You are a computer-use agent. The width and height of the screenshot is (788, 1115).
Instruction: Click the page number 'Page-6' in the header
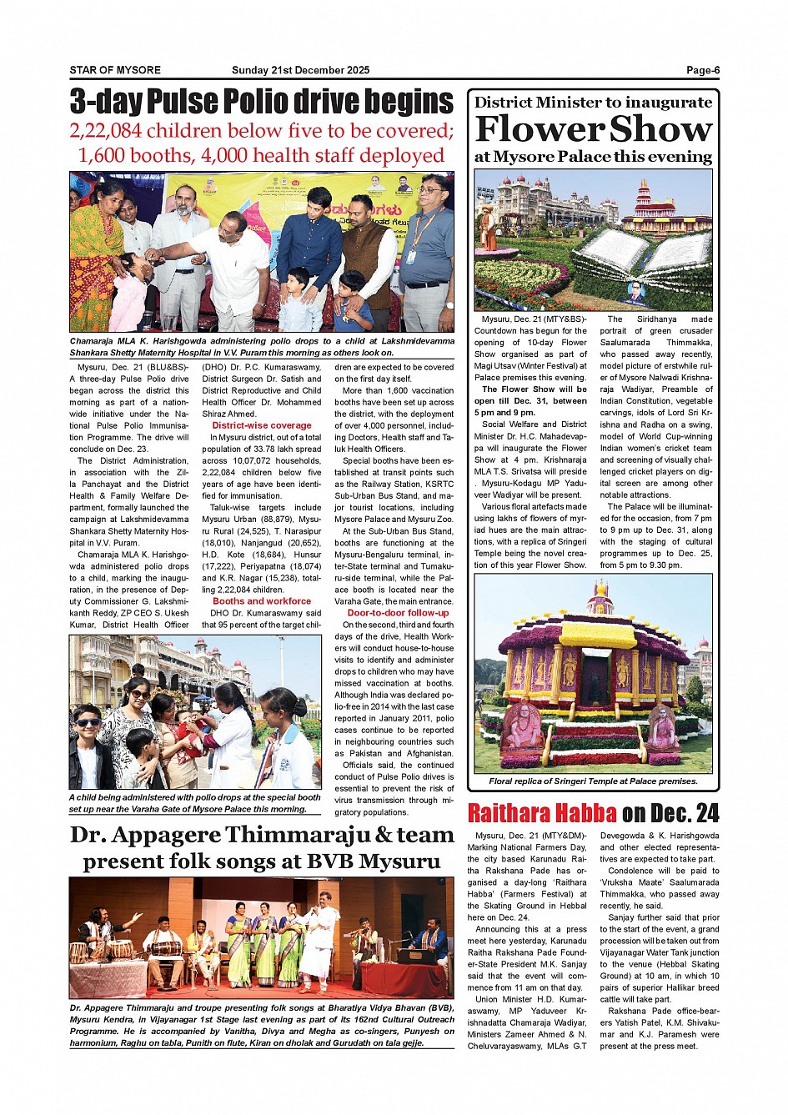[x=702, y=70]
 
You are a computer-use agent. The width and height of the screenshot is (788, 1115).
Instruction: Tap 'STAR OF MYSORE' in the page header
[x=115, y=70]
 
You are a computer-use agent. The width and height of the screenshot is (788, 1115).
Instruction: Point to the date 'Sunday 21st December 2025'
[x=300, y=70]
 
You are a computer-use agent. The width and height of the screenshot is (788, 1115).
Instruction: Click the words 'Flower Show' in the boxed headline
[x=593, y=129]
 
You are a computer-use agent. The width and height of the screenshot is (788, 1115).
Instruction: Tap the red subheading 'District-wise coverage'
[x=261, y=425]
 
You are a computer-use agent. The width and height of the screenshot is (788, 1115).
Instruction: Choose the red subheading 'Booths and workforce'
[x=261, y=600]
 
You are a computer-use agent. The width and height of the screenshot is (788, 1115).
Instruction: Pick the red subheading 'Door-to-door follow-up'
[x=398, y=613]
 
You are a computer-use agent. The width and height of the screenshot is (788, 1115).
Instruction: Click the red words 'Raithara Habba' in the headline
[x=542, y=813]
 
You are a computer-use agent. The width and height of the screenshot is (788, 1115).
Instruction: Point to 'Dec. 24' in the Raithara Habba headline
[x=683, y=813]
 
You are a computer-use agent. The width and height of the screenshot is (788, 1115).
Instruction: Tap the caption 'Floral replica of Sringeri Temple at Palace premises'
[x=593, y=781]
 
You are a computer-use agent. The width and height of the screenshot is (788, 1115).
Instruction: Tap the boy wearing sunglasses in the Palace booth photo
[x=88, y=746]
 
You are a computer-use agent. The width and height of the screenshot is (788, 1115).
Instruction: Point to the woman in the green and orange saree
[x=96, y=254]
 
